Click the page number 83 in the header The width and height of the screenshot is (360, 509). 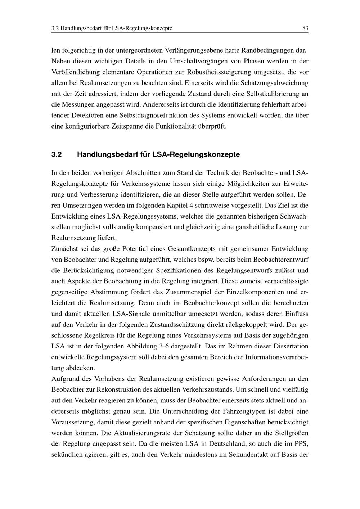[x=305, y=28]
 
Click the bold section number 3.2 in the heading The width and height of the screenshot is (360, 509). [x=57, y=155]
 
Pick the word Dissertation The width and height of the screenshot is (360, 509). [x=291, y=346]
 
